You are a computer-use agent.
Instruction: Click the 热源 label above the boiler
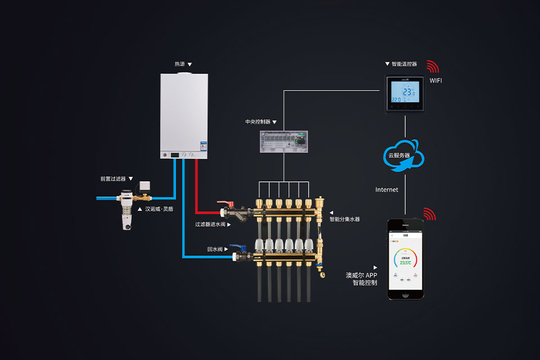coord(180,65)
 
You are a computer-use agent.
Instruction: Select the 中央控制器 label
coord(258,121)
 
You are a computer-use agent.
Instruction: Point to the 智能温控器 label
coord(404,64)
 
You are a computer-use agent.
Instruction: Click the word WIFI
coord(436,81)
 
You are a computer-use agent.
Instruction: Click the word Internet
coord(387,190)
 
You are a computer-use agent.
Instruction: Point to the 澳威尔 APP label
coord(361,275)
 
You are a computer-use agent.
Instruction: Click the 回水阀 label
coord(215,249)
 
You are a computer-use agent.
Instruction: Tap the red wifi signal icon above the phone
coord(430,214)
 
